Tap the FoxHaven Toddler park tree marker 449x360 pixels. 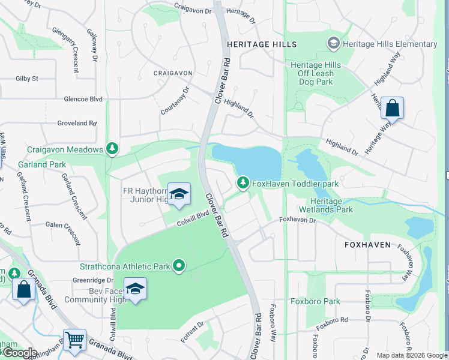[x=243, y=182]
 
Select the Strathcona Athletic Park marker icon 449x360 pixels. [x=179, y=265]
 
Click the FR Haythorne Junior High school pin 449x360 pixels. [x=179, y=194]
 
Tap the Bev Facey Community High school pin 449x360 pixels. [x=136, y=289]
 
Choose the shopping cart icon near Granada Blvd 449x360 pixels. [x=74, y=340]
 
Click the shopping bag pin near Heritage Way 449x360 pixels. [x=392, y=109]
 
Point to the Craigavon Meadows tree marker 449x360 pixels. [x=111, y=148]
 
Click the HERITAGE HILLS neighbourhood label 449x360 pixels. [x=261, y=45]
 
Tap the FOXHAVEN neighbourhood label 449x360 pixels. [x=367, y=245]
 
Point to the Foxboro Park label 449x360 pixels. [x=315, y=302]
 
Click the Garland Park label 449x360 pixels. [x=46, y=164]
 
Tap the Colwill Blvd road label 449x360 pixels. [x=192, y=220]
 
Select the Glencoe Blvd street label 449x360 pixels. [x=80, y=99]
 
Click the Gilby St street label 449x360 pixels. [x=27, y=79]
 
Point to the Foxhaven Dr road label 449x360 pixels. [x=298, y=220]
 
